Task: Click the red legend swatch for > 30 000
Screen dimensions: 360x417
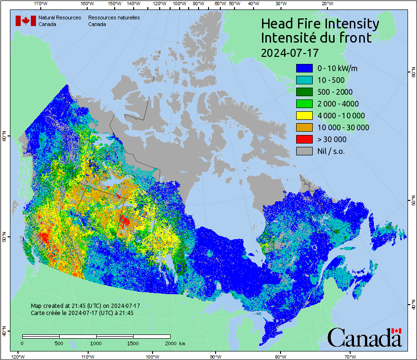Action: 304,139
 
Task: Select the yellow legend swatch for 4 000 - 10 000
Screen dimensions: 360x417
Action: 304,116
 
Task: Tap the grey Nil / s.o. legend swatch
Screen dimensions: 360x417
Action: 304,151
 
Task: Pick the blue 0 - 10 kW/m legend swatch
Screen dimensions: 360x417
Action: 304,68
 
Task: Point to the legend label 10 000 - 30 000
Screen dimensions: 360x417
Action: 343,127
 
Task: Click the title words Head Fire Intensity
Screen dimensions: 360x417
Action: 320,24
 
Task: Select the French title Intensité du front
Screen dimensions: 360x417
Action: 317,38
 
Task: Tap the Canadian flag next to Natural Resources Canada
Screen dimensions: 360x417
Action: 26,21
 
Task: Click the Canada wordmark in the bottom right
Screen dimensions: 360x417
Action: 364,338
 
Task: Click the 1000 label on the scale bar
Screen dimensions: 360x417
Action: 96,343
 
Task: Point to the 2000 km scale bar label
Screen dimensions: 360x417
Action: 174,343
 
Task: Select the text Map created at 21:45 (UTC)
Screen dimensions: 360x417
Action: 85,306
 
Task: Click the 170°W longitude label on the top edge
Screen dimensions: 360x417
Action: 41,3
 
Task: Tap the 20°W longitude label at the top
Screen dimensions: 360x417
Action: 326,3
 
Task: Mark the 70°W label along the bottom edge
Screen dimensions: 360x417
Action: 350,356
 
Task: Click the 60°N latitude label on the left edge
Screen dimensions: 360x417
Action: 4,137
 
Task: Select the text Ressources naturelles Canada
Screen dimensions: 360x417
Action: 114,21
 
